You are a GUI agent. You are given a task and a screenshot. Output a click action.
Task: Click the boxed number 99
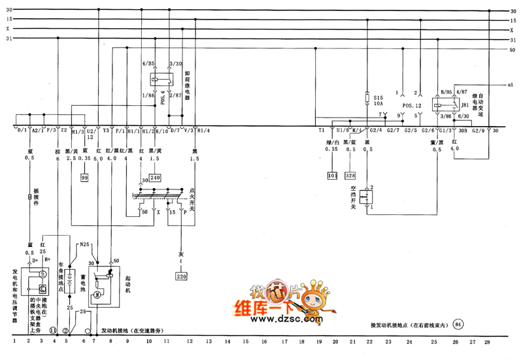(84, 178)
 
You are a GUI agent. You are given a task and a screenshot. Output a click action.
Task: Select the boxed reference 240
(155, 177)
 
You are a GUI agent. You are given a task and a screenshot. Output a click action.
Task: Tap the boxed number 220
(180, 276)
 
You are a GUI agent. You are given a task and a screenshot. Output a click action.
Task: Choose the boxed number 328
(352, 176)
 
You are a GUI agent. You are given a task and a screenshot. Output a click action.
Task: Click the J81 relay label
(465, 105)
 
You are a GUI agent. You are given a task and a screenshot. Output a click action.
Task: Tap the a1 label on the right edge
(511, 85)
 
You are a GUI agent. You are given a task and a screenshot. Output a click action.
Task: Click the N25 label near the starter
(84, 245)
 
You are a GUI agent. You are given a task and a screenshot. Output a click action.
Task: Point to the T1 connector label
(322, 130)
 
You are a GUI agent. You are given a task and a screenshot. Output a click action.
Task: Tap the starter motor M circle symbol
(97, 294)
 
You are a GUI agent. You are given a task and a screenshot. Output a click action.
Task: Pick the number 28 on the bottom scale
(486, 341)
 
